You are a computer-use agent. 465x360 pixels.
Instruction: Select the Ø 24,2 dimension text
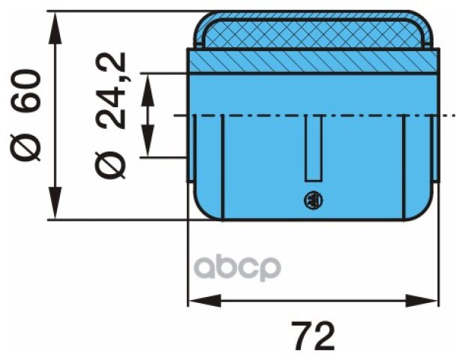click(111, 116)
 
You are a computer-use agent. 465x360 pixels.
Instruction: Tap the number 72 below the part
click(313, 335)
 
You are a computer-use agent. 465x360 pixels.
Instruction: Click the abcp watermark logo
click(237, 268)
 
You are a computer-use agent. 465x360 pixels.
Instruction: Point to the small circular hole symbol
click(313, 201)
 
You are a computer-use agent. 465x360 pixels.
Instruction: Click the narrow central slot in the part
click(313, 148)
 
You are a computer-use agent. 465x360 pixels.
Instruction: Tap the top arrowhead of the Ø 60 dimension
click(55, 28)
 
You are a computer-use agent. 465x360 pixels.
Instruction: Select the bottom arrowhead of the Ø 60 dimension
click(55, 203)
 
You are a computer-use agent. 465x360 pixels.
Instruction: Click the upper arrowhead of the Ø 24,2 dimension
click(148, 89)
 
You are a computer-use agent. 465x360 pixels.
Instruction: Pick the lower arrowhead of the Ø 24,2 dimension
click(148, 140)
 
